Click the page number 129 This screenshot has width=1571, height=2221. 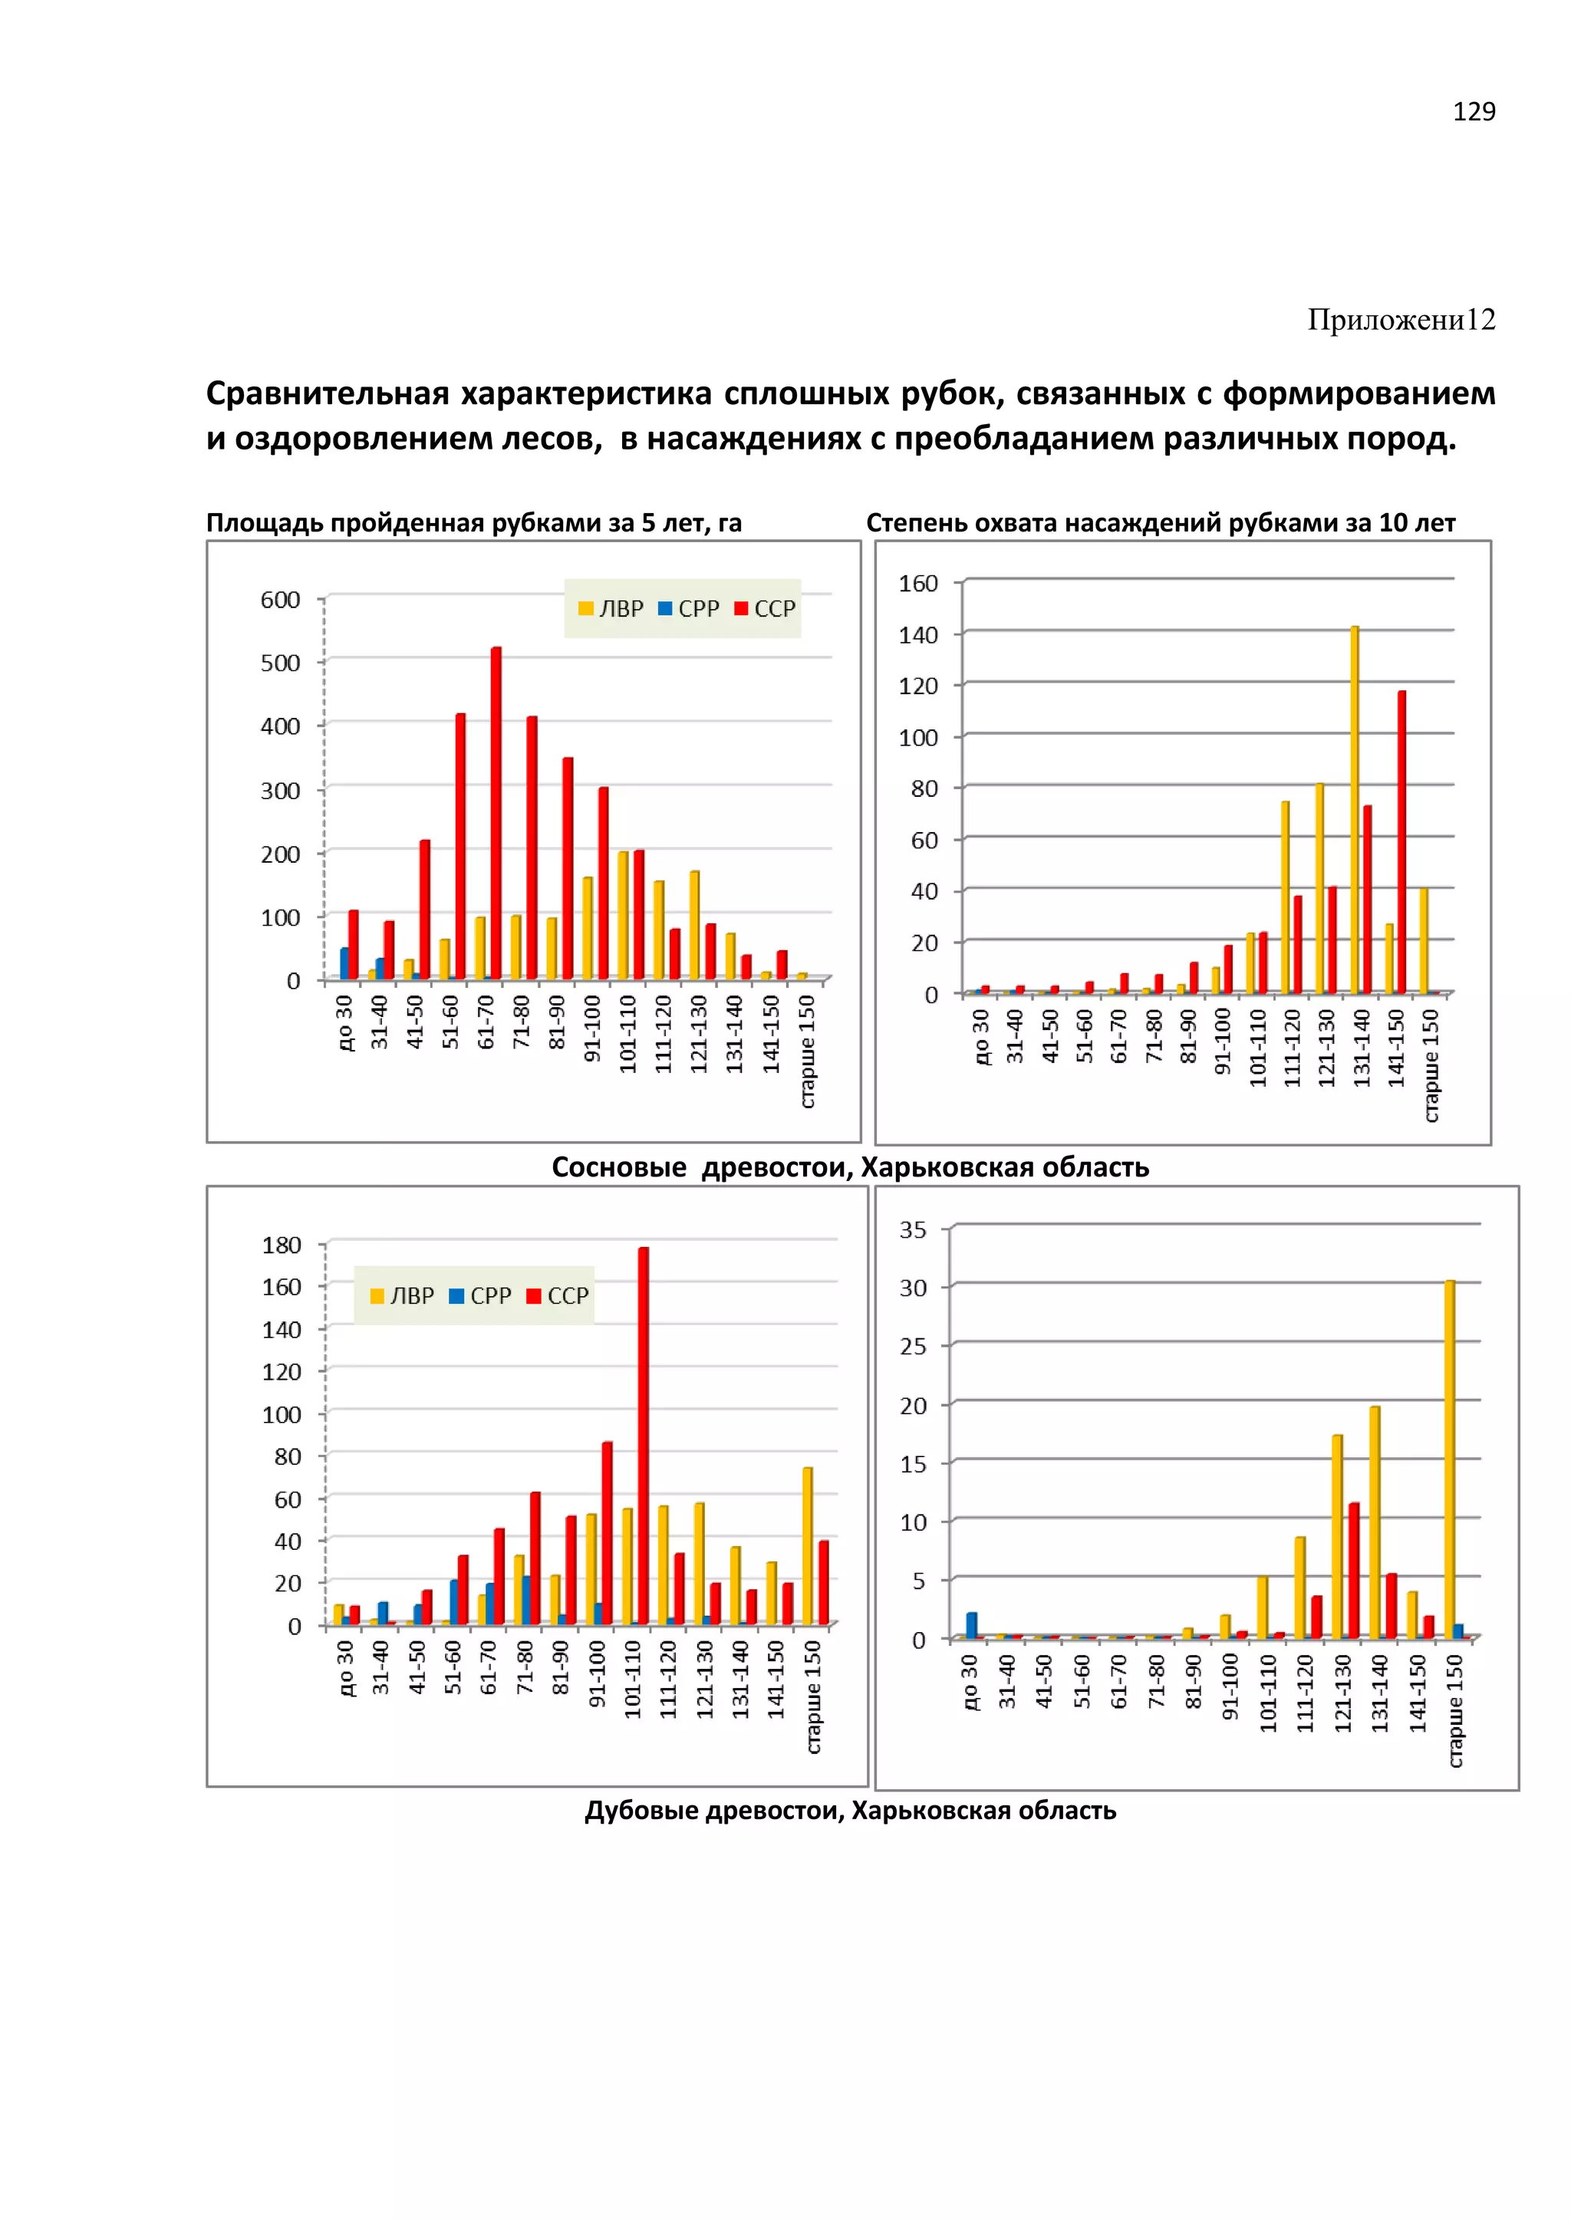(1474, 112)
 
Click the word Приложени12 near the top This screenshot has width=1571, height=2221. (1401, 319)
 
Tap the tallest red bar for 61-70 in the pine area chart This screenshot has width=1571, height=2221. (496, 813)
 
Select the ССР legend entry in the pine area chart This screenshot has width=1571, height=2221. (766, 608)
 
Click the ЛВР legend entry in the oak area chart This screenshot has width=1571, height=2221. (403, 1295)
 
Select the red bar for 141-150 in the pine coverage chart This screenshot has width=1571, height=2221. (1401, 841)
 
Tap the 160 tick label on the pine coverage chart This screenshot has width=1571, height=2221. (918, 584)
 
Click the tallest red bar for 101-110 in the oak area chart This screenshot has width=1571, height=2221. (644, 1436)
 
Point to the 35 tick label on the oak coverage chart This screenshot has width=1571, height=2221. (912, 1229)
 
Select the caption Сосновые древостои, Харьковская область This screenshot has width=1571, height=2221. (849, 1167)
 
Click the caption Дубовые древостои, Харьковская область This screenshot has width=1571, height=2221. (849, 1810)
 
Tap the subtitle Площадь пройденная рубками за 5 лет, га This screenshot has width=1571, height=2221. (473, 523)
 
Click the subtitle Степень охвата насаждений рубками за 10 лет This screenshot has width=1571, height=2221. (1160, 523)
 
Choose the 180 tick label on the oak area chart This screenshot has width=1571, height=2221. (282, 1245)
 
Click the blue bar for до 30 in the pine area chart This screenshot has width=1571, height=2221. (344, 963)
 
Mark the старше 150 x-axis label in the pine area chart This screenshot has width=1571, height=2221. (808, 1051)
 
